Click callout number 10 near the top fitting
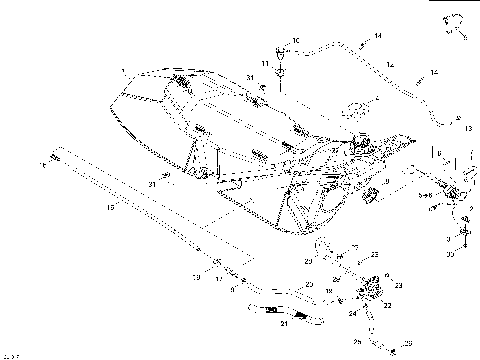pyautogui.click(x=295, y=40)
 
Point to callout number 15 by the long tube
pyautogui.click(x=112, y=207)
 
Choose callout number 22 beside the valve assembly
pyautogui.click(x=386, y=306)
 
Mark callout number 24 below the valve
pyautogui.click(x=352, y=312)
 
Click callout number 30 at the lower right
pyautogui.click(x=450, y=254)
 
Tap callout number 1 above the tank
pyautogui.click(x=122, y=70)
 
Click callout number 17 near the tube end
pyautogui.click(x=219, y=280)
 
